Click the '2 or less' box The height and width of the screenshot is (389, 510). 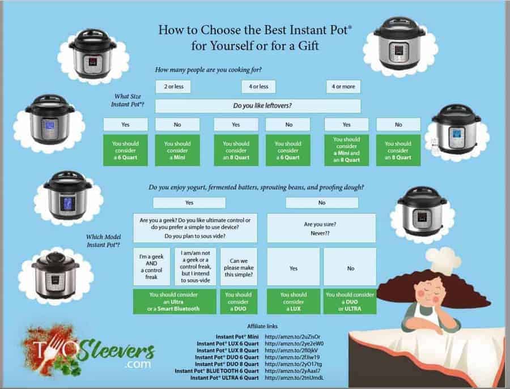(173, 87)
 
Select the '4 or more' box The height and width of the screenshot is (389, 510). (343, 87)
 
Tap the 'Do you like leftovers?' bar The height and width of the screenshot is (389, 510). (258, 106)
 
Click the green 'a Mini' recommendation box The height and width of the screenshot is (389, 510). (177, 151)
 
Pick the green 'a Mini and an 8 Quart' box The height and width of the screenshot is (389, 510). (346, 150)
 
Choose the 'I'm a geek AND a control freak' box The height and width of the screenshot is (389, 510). (151, 266)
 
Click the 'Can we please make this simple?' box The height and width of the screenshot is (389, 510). (239, 266)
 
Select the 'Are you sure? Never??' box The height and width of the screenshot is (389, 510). (321, 228)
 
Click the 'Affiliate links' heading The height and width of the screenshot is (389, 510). (263, 326)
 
